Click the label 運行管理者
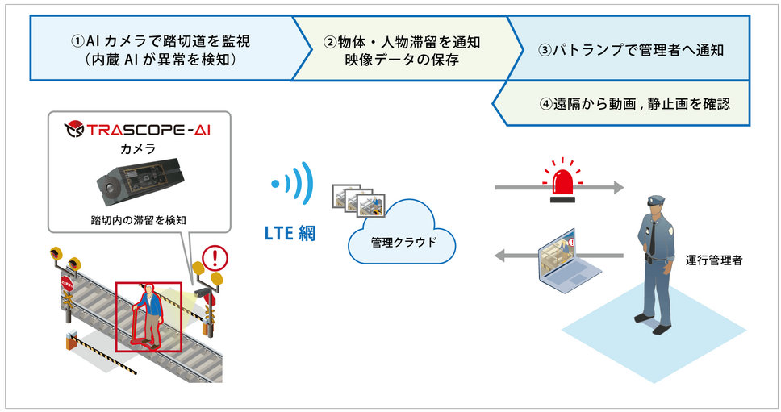pos(714,260)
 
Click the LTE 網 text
pos(290,234)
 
